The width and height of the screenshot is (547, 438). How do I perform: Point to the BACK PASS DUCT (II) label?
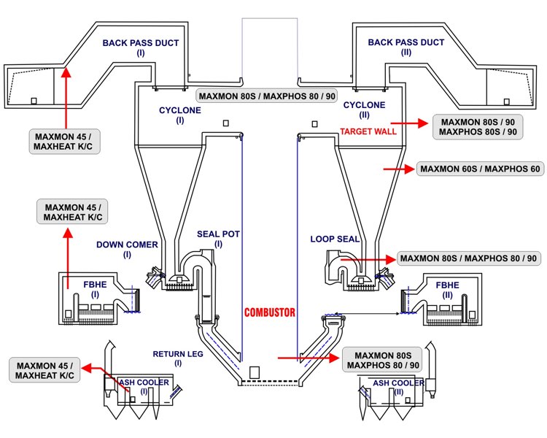tap(406, 47)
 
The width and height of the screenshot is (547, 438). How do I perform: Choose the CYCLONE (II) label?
tap(364, 110)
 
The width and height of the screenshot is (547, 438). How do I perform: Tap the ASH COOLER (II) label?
tap(398, 387)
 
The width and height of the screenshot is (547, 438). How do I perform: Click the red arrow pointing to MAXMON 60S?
tap(398, 169)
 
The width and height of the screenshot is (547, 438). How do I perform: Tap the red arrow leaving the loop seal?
tap(368, 258)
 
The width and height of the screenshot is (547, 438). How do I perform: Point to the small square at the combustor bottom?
tap(255, 372)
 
